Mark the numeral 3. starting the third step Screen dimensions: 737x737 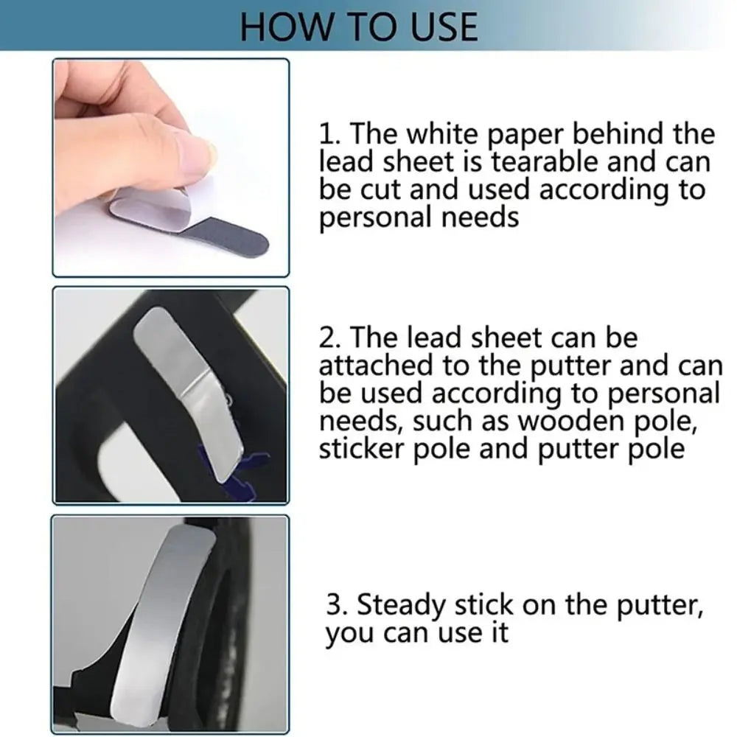[338, 606]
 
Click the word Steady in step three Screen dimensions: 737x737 [401, 606]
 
